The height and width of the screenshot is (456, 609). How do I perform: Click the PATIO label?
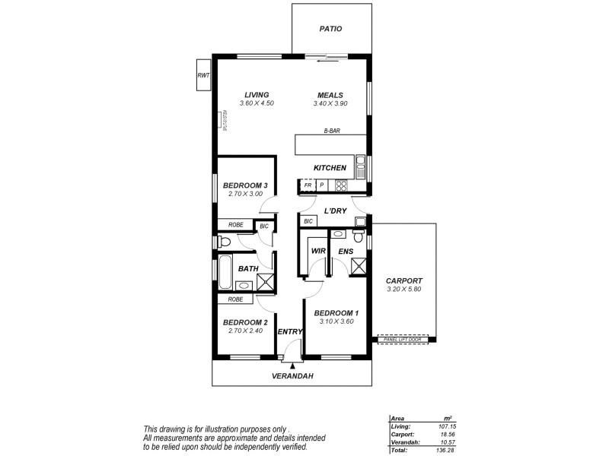point(330,29)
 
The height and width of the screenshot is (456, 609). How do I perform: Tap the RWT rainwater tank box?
point(203,76)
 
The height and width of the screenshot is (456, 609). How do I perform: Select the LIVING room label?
point(256,94)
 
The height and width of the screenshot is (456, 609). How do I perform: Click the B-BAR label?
point(331,131)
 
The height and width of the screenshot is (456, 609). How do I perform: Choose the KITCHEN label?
point(330,167)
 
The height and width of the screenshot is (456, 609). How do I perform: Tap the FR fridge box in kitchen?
point(308,185)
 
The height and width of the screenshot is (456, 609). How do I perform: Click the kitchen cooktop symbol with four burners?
point(341,185)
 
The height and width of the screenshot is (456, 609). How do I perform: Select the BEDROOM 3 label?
point(245,185)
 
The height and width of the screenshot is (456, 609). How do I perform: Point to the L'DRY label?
point(335,211)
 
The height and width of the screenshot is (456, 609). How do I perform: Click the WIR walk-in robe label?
point(318,251)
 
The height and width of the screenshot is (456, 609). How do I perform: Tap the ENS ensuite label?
point(346,251)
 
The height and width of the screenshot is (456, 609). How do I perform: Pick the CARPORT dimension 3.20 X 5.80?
point(403,289)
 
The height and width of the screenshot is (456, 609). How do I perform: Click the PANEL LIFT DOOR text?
point(404,339)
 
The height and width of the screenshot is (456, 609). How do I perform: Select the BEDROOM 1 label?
point(336,313)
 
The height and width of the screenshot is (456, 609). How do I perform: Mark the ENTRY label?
point(290,331)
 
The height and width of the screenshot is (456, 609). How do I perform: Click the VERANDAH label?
point(293,376)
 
